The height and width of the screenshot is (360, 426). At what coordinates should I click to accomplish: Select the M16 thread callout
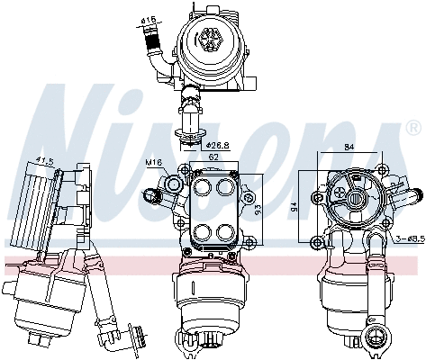(154, 163)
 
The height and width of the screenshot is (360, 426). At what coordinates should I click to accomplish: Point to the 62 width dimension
(213, 157)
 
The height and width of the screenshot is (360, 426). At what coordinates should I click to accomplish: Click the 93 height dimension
(258, 210)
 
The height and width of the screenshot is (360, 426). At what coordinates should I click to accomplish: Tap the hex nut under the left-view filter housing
(41, 339)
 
